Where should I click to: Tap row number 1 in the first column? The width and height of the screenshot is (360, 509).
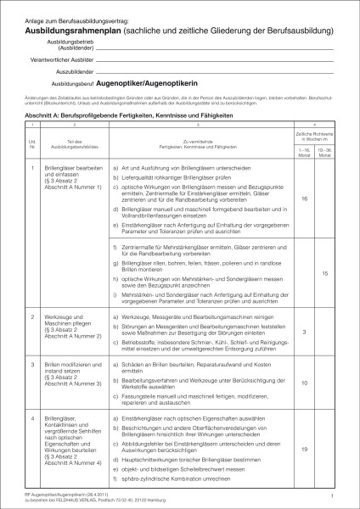tap(32, 167)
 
